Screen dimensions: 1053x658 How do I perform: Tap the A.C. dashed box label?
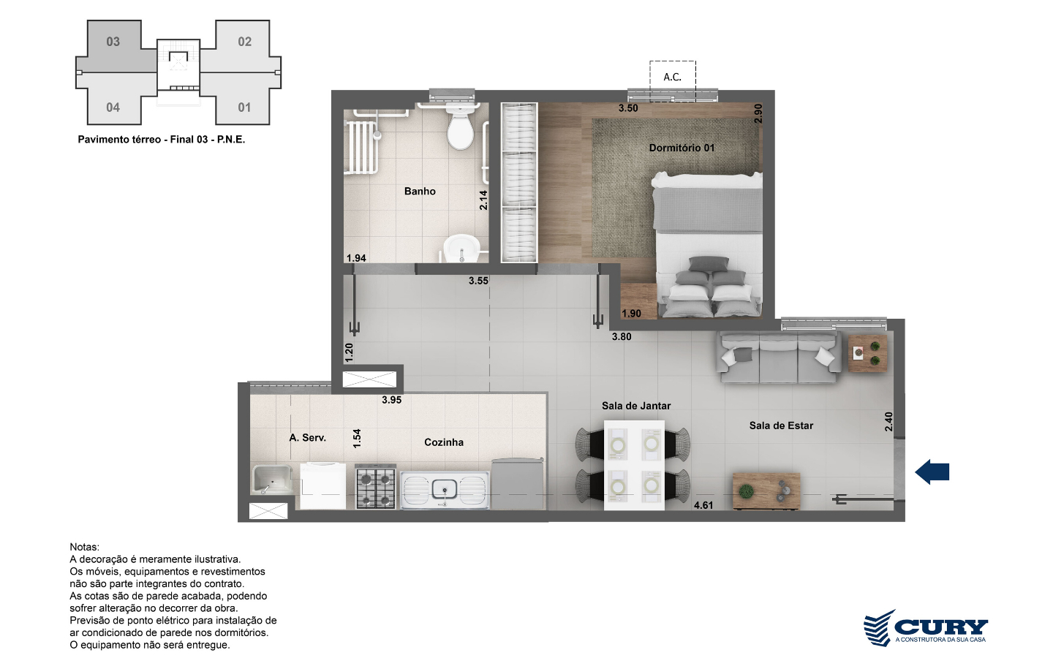[672, 77]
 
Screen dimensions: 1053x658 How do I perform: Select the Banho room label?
[420, 192]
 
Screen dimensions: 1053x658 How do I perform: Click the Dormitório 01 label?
[682, 148]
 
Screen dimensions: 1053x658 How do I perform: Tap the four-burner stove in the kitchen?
[375, 486]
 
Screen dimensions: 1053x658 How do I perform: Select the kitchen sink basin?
[445, 490]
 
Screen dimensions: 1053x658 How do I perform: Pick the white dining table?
[634, 465]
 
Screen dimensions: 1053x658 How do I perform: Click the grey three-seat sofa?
[779, 358]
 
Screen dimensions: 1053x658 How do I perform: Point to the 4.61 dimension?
[703, 505]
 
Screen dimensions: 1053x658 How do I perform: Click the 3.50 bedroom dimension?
[628, 108]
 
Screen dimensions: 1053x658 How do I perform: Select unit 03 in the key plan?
[113, 42]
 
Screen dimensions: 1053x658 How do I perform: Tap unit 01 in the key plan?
[244, 107]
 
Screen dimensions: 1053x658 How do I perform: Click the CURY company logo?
[926, 627]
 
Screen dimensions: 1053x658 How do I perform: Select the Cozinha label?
[444, 442]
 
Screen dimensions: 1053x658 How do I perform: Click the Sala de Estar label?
[781, 426]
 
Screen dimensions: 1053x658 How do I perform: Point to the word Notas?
[85, 547]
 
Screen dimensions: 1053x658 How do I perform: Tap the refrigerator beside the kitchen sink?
[518, 484]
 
